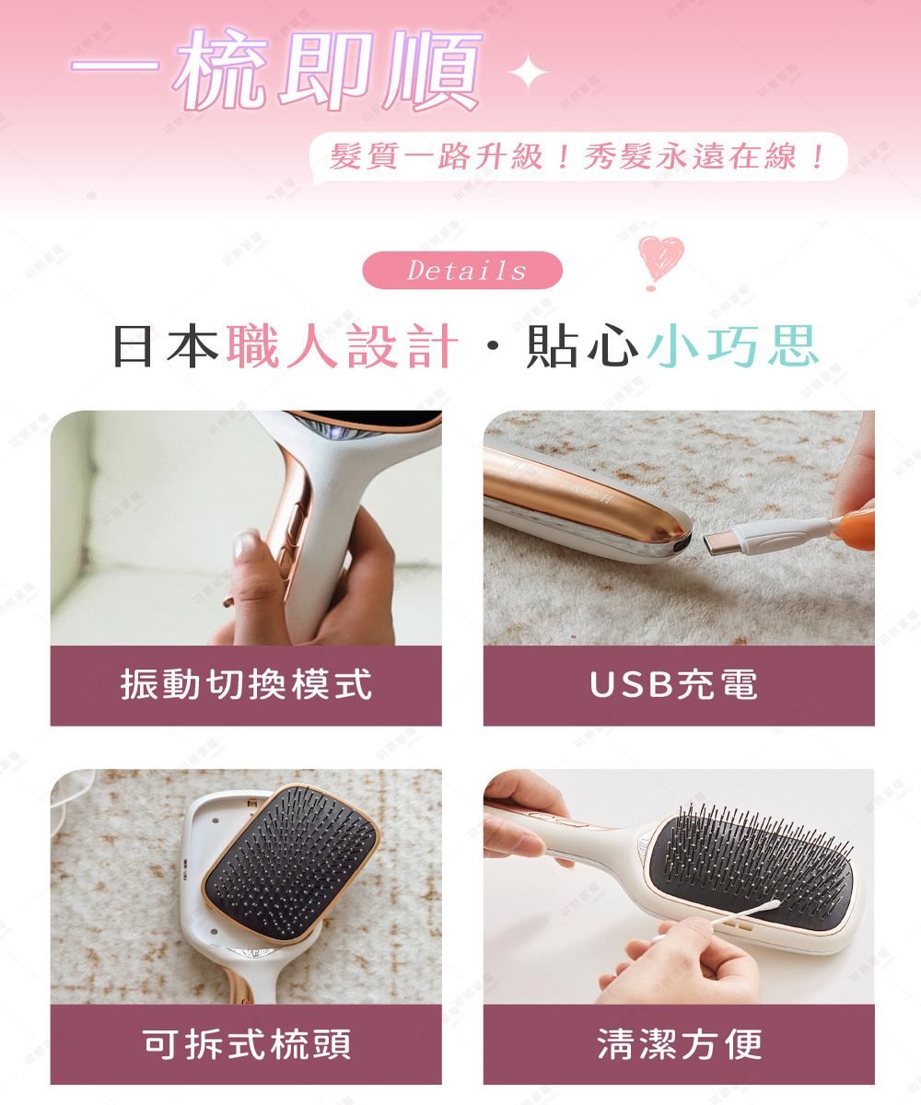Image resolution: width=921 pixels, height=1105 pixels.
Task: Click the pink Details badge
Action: (x=462, y=271)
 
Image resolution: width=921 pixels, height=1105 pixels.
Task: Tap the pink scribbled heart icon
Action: (x=660, y=260)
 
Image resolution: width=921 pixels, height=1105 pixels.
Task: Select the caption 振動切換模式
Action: (x=246, y=685)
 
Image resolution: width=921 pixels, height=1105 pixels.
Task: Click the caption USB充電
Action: (x=679, y=685)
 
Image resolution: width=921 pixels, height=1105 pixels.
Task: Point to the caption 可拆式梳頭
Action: (x=246, y=1044)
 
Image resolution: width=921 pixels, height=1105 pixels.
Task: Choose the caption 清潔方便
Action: (x=679, y=1044)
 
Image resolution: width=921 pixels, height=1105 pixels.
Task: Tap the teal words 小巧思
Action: (x=733, y=347)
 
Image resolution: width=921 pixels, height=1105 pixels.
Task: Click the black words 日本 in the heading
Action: (x=166, y=347)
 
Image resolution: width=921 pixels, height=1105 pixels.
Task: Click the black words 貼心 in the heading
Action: (x=580, y=347)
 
